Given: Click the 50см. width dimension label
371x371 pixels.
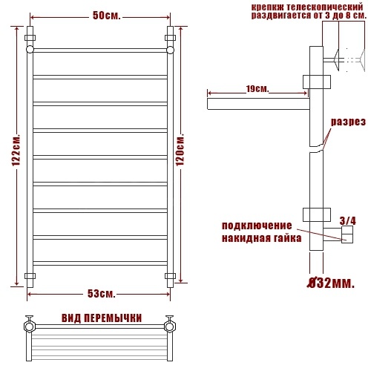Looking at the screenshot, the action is [x=107, y=16].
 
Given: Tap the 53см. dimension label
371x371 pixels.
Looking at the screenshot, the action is [x=102, y=294].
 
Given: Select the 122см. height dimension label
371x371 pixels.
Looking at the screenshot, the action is [x=16, y=151].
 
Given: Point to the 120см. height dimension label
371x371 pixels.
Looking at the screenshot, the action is [x=180, y=149].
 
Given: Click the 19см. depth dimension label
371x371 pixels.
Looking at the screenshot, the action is [x=257, y=89].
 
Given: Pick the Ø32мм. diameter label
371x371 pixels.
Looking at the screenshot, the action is [x=330, y=283].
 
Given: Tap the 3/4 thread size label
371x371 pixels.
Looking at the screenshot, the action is [x=348, y=221].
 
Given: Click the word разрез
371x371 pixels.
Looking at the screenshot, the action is [x=348, y=122].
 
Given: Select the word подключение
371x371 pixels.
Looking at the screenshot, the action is [x=257, y=226].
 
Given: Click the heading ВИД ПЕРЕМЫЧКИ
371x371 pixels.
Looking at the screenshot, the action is [x=102, y=318].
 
